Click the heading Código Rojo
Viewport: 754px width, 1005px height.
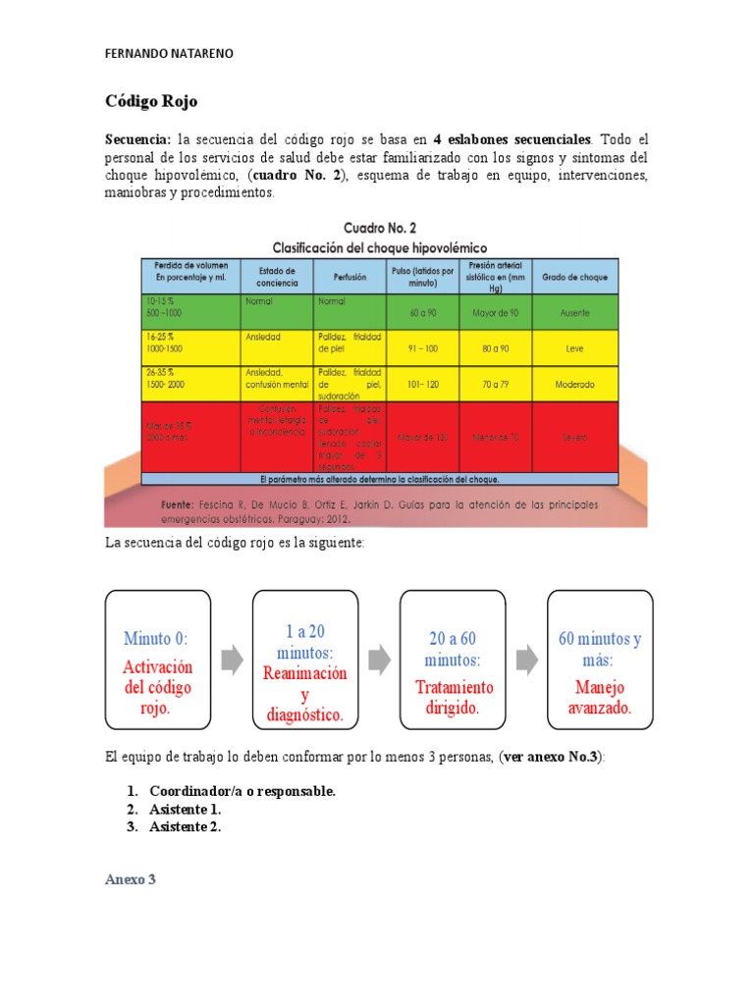[151, 102]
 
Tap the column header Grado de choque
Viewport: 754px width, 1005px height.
[574, 277]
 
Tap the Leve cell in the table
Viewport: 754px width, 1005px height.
[574, 347]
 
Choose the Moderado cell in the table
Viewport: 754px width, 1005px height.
[574, 385]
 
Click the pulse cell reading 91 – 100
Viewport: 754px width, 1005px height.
[421, 347]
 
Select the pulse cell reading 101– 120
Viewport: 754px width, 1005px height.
[421, 385]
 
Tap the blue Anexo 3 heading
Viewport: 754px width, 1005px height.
[131, 879]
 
